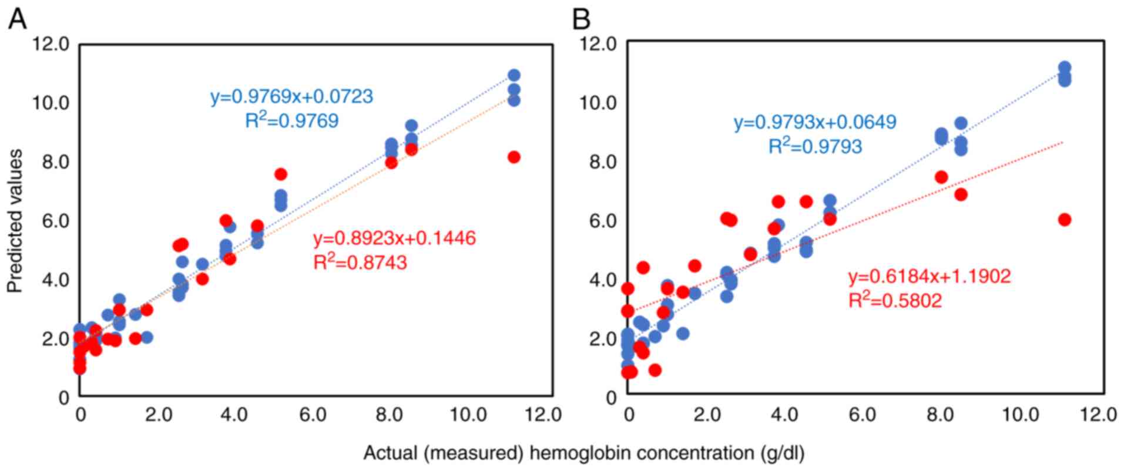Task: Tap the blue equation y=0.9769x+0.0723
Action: (x=291, y=96)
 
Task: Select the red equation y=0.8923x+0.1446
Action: (x=394, y=238)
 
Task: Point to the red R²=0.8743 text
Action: (x=360, y=262)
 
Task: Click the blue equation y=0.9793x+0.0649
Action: (x=815, y=122)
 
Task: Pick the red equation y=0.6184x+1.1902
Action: (x=929, y=276)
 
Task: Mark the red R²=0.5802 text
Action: (x=895, y=300)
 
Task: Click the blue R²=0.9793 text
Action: (x=815, y=146)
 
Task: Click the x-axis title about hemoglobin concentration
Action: (x=583, y=453)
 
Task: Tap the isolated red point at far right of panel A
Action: (x=514, y=157)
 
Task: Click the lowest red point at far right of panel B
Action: (x=1064, y=220)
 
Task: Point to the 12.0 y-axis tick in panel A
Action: (x=52, y=44)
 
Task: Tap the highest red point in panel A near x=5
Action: (x=280, y=174)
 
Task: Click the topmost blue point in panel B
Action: (x=1064, y=68)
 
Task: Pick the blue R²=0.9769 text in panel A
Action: (x=291, y=121)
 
